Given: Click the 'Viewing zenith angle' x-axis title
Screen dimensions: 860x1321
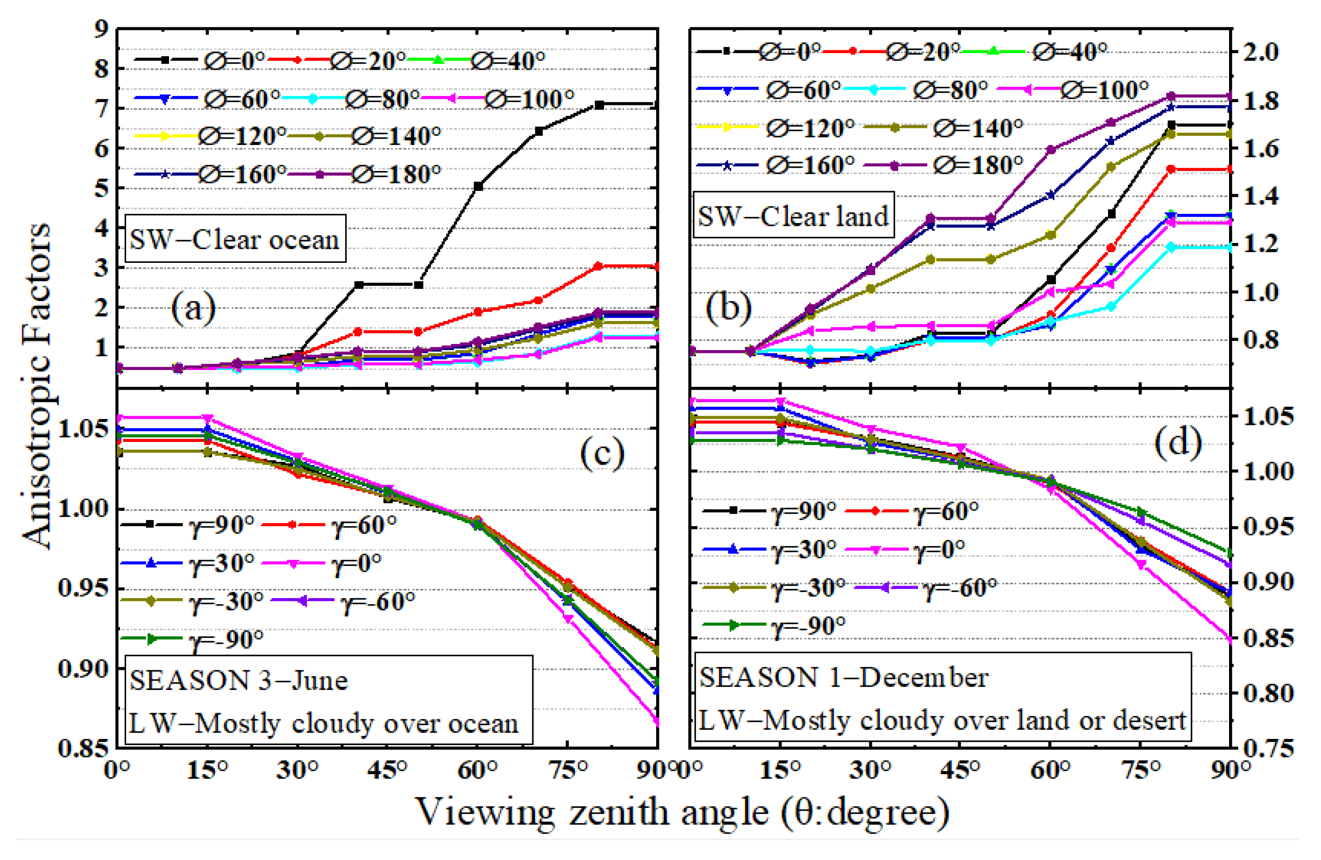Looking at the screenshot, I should [x=683, y=812].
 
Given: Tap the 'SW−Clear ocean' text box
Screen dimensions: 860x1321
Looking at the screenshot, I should [x=235, y=239].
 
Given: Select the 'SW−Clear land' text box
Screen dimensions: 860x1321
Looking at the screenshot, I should [x=793, y=216].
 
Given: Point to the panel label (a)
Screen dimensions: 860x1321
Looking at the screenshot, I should [x=193, y=309].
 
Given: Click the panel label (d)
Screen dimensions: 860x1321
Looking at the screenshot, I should [x=1178, y=442].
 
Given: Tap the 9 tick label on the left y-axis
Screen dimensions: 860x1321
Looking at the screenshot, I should [x=101, y=29].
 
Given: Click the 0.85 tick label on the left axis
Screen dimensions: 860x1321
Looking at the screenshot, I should [x=83, y=747].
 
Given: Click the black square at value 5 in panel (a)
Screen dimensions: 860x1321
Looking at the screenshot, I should [x=478, y=187].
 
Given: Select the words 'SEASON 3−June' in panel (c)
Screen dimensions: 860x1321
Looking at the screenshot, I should [x=239, y=680].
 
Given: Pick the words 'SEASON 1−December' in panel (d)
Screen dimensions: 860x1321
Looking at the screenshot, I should [x=844, y=678].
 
